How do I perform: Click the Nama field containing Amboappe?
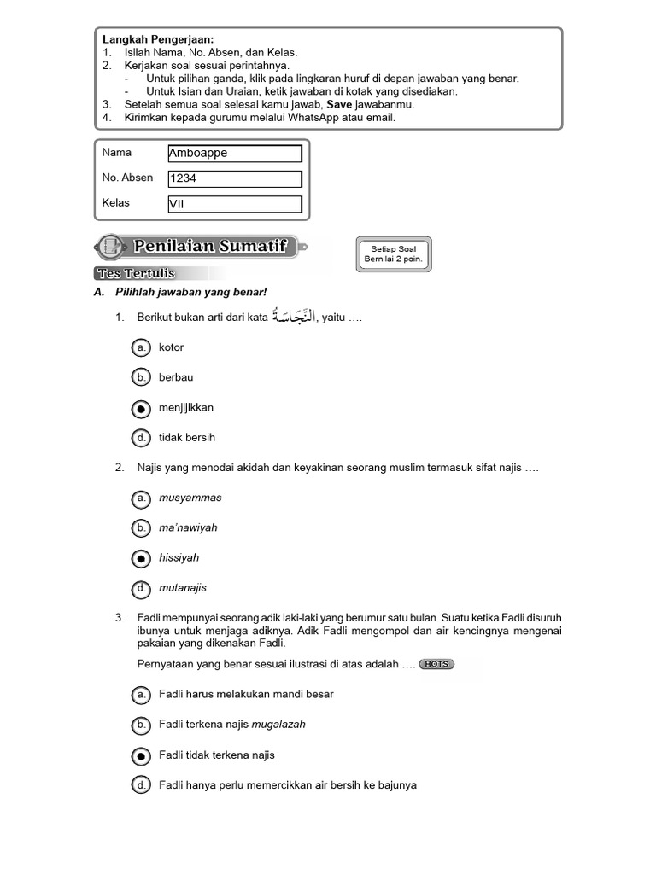[235, 154]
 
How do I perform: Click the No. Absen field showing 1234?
[235, 179]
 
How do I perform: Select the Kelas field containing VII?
[235, 205]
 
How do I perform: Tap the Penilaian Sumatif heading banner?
[201, 248]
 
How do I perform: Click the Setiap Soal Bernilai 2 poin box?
[393, 253]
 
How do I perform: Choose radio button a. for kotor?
[141, 347]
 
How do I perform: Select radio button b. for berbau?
[141, 377]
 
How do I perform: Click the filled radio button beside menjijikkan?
[141, 408]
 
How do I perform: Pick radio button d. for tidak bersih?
[141, 438]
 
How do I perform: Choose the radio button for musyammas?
[141, 498]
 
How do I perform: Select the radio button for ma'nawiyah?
[141, 528]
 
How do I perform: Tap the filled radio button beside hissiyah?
[141, 558]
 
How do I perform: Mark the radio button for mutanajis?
[141, 588]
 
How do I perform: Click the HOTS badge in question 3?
[436, 664]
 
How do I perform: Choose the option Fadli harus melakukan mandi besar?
[141, 695]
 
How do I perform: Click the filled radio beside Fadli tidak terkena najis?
[141, 755]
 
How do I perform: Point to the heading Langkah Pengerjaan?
[158, 39]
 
